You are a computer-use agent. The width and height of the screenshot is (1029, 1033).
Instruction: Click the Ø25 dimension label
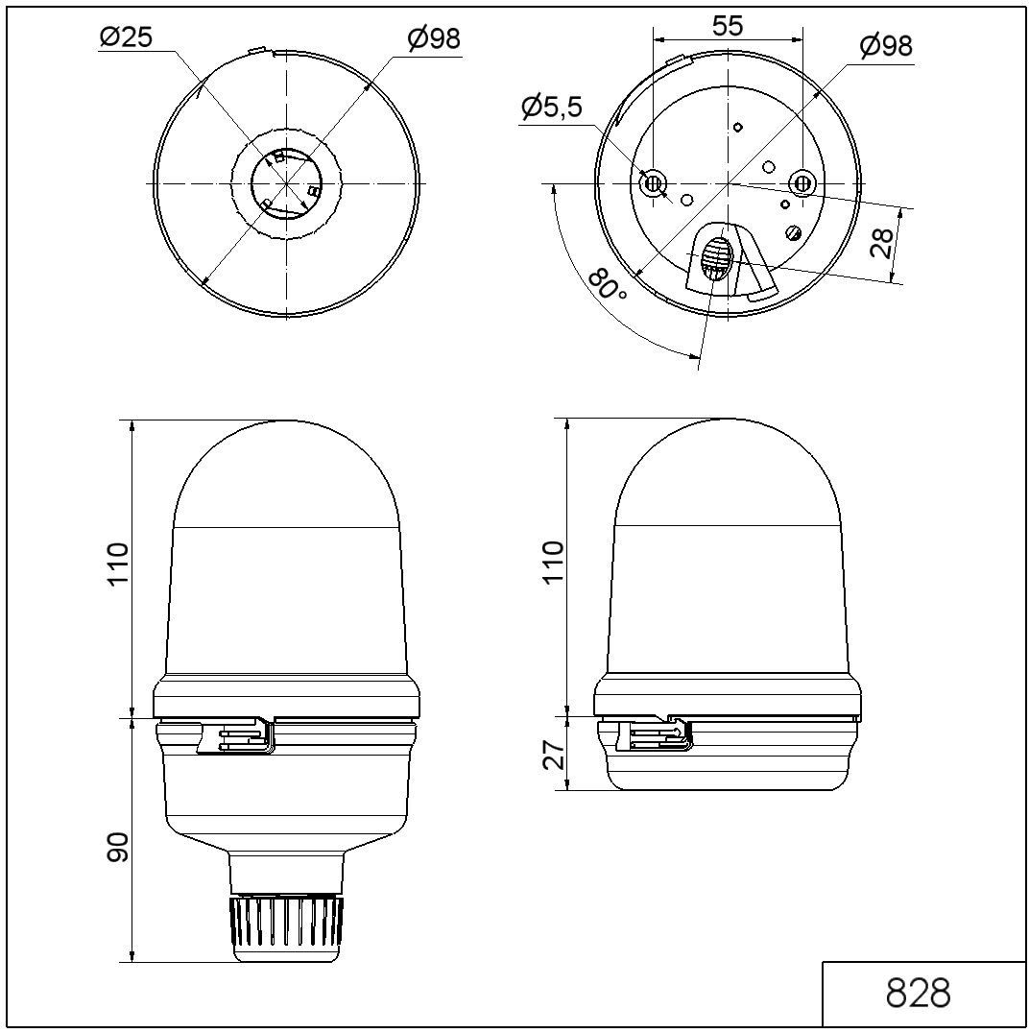[125, 38]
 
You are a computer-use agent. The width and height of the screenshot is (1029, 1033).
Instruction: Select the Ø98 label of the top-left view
[433, 38]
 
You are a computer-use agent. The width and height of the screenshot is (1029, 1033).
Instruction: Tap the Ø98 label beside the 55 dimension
[885, 46]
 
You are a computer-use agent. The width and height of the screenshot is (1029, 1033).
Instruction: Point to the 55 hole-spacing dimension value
[728, 26]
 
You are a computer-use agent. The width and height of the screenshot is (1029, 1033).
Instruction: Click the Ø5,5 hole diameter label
[551, 108]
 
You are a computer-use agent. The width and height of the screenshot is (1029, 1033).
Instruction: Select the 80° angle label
[607, 287]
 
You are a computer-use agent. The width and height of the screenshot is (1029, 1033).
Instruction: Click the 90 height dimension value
[118, 847]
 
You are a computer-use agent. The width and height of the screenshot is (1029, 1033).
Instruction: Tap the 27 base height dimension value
[553, 755]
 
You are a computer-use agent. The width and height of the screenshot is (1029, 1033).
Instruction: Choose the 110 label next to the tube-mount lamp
[118, 566]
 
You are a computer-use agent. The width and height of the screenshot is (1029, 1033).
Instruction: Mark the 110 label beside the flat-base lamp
[553, 565]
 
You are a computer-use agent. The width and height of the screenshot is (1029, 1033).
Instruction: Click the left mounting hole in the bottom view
[654, 182]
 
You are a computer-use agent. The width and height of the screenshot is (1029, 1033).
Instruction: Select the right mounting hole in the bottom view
[802, 182]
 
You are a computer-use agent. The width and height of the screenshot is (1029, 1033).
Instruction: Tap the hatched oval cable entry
[715, 259]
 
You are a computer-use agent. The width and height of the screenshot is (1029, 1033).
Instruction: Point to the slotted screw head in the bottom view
[793, 232]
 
